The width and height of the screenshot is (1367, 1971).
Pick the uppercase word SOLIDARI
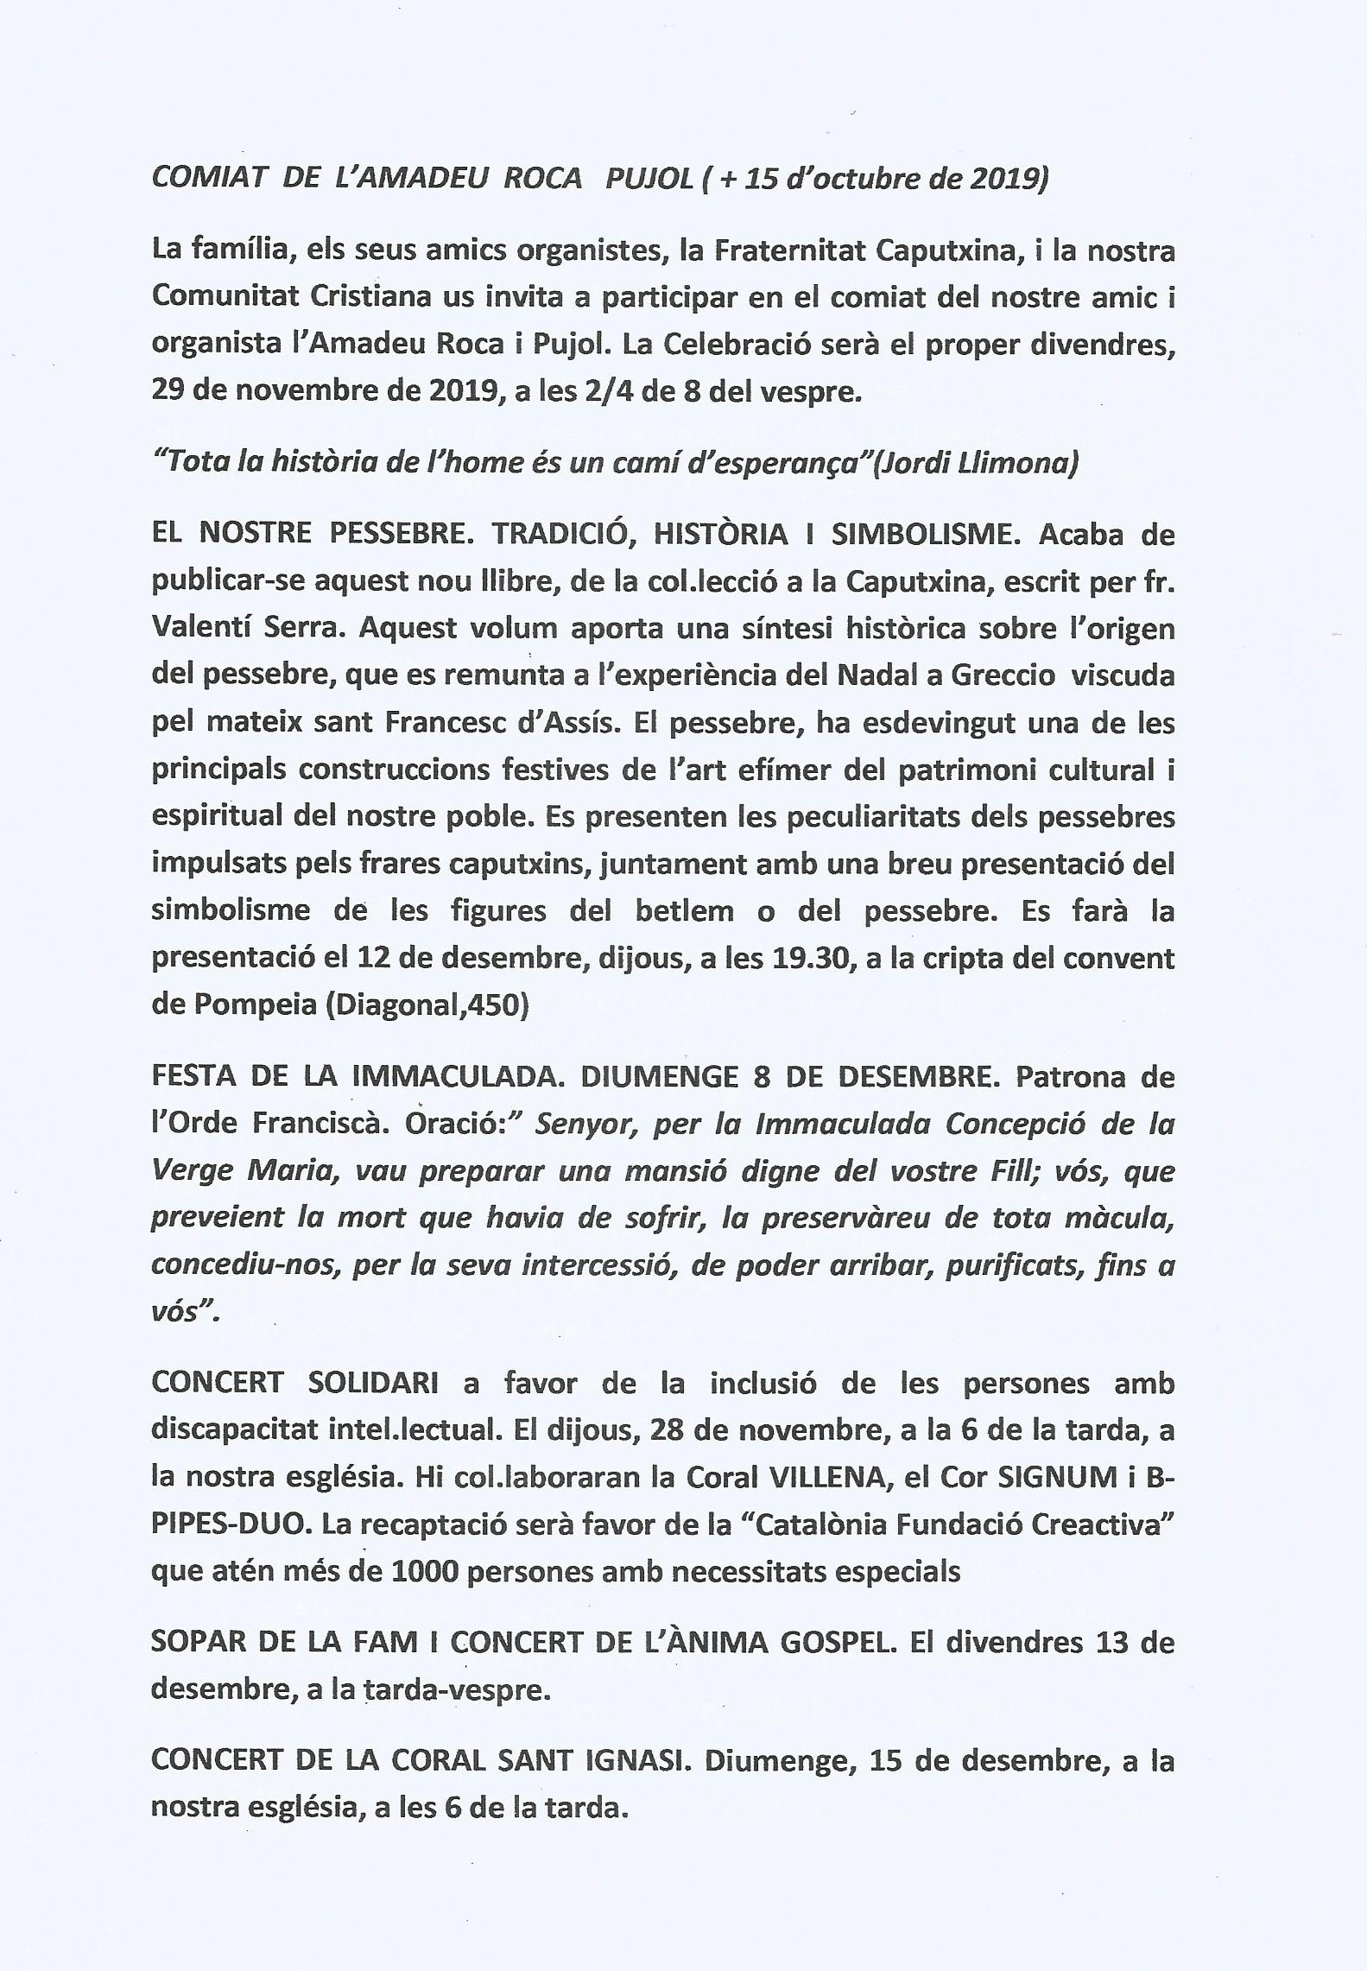(372, 1383)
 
